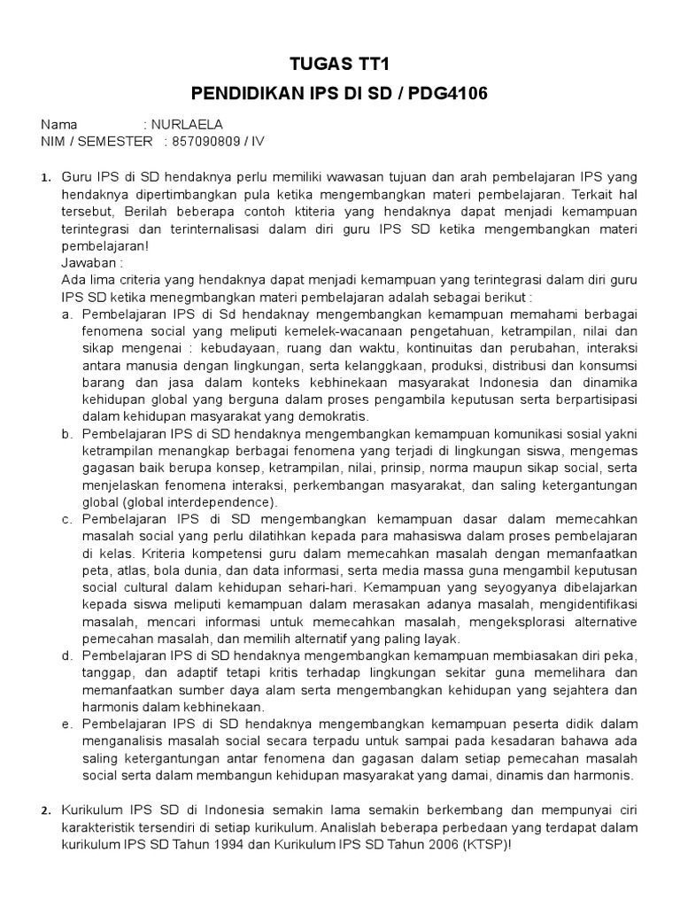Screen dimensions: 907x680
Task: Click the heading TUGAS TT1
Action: (340, 66)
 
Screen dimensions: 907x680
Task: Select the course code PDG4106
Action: (446, 93)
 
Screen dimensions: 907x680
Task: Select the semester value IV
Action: (260, 141)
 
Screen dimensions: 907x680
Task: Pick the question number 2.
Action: (46, 810)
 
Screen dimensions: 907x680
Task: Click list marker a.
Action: (66, 314)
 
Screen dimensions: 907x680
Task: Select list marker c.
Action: (66, 518)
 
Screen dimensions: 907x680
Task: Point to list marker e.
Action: (66, 724)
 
